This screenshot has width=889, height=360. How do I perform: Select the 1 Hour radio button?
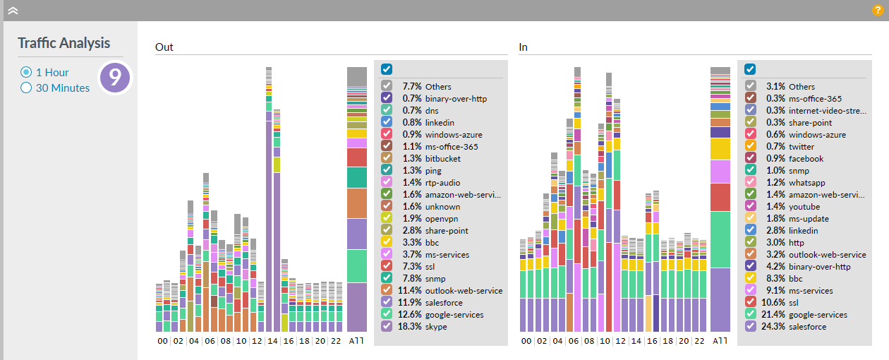[26, 72]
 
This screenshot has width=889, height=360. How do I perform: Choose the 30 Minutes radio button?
[26, 88]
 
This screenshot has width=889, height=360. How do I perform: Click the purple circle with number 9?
[115, 78]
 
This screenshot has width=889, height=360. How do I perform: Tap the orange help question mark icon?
[878, 11]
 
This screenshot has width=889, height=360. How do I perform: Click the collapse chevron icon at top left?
[13, 11]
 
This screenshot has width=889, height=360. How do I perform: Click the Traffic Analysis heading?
[64, 43]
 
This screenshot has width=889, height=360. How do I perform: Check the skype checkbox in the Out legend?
[387, 326]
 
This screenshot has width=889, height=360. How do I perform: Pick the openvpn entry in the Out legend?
[442, 219]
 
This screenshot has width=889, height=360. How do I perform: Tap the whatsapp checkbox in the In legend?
[750, 183]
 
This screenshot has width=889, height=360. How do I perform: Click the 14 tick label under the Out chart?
[272, 341]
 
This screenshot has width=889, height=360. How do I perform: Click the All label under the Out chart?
[357, 341]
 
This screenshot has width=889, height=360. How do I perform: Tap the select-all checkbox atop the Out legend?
[387, 69]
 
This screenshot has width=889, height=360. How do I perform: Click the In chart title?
[524, 47]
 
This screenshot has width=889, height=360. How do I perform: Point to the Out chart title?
[164, 47]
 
